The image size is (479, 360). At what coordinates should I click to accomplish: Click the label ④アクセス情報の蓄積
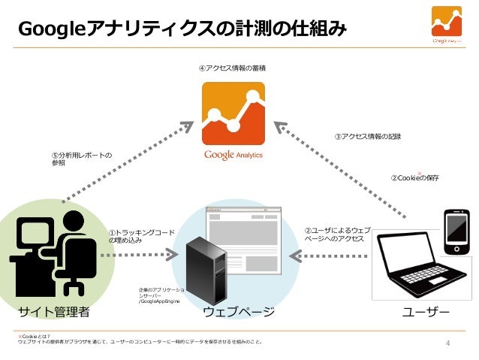pos(233,69)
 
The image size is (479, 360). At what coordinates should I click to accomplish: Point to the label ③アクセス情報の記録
pos(367,137)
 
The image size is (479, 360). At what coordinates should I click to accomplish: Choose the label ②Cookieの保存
pos(415,178)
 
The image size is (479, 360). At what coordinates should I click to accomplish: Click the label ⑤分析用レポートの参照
pos(78,159)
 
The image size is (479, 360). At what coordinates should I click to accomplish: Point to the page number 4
pos(448,345)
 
